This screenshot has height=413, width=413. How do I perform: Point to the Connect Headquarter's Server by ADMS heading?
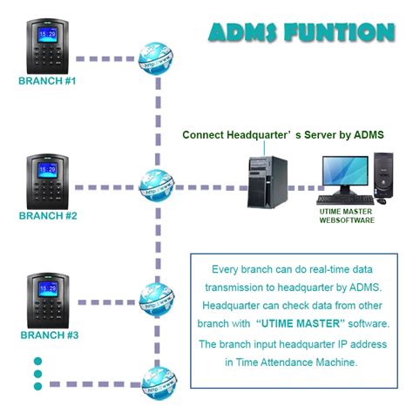coord(282,135)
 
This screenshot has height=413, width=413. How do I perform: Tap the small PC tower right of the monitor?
coord(383,176)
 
